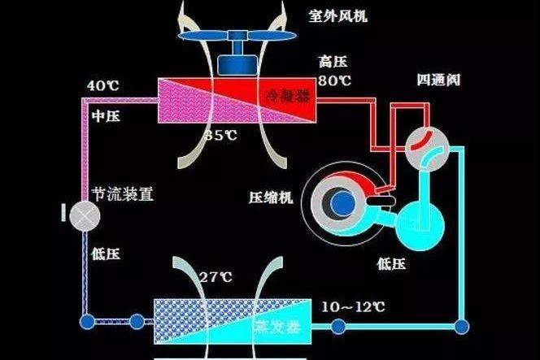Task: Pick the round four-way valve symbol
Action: [x=428, y=144]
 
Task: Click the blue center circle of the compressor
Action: [x=342, y=199]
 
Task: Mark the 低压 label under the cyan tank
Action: [x=392, y=263]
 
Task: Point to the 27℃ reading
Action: [x=216, y=277]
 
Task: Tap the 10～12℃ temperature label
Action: [x=353, y=306]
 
